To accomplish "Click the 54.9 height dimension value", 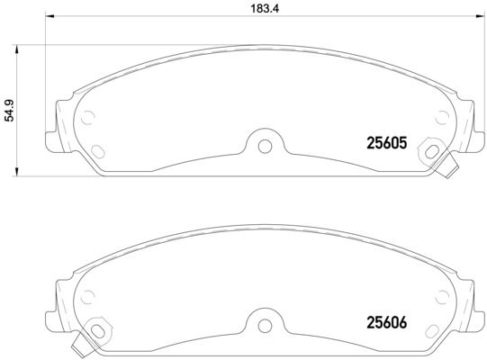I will [11, 110].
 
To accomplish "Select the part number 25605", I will [387, 142].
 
